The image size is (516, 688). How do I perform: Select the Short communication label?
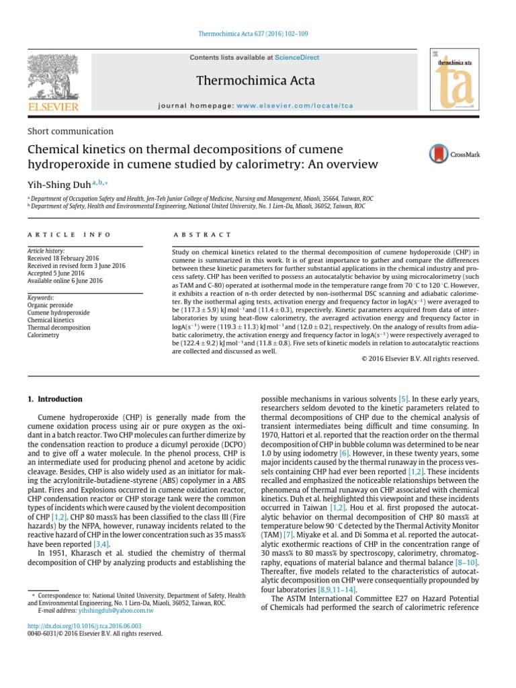(70, 132)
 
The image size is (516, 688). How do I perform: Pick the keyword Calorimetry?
(44, 335)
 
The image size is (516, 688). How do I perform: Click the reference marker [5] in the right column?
(403, 399)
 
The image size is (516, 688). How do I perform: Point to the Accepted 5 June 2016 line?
(56, 273)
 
